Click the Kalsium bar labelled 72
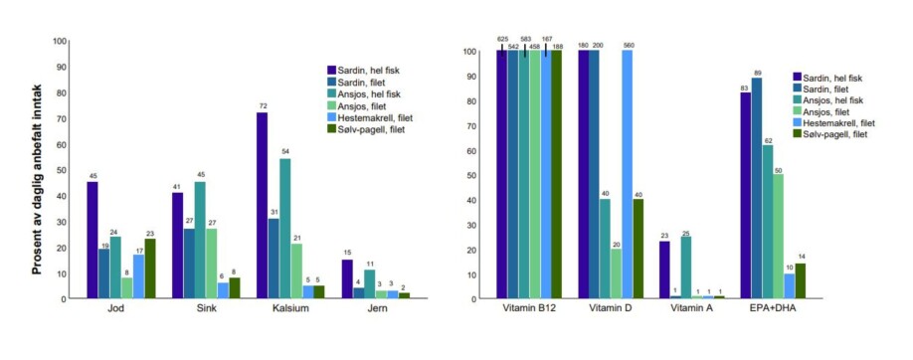(263, 206)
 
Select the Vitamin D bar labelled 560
(627, 174)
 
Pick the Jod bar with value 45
(92, 240)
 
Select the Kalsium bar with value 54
(285, 229)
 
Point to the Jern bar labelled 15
(347, 279)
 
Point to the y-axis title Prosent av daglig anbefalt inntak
(33, 170)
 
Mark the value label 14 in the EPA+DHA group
(801, 256)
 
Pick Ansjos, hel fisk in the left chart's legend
(369, 93)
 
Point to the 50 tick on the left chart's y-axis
(62, 170)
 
